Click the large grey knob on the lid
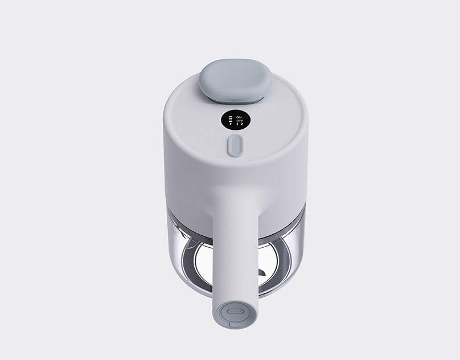click(x=235, y=81)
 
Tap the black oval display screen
click(x=236, y=120)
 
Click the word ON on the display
click(x=239, y=117)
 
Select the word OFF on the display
click(x=240, y=121)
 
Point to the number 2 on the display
click(x=242, y=124)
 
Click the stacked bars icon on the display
click(x=231, y=119)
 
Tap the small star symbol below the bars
click(x=231, y=124)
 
